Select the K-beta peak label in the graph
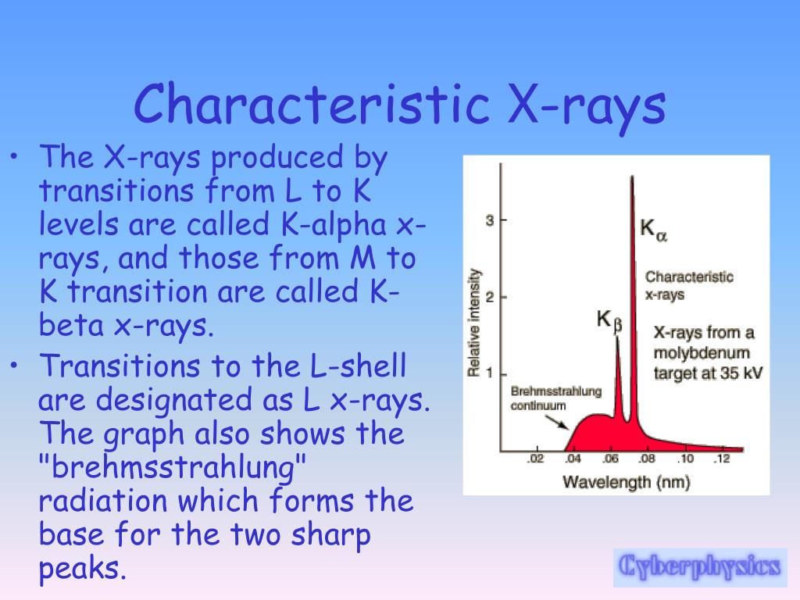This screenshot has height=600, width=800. (609, 320)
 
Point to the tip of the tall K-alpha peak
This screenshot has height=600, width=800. (631, 179)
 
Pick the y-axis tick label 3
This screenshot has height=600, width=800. (490, 221)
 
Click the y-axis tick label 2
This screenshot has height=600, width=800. (490, 297)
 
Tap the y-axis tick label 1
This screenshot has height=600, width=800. (490, 373)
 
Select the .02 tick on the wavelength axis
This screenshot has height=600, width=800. (534, 459)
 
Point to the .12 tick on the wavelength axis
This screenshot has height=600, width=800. (721, 459)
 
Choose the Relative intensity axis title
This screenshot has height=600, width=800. (473, 323)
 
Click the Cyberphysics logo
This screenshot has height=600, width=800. (698, 566)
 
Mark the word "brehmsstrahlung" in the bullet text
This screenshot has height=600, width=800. (171, 468)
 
